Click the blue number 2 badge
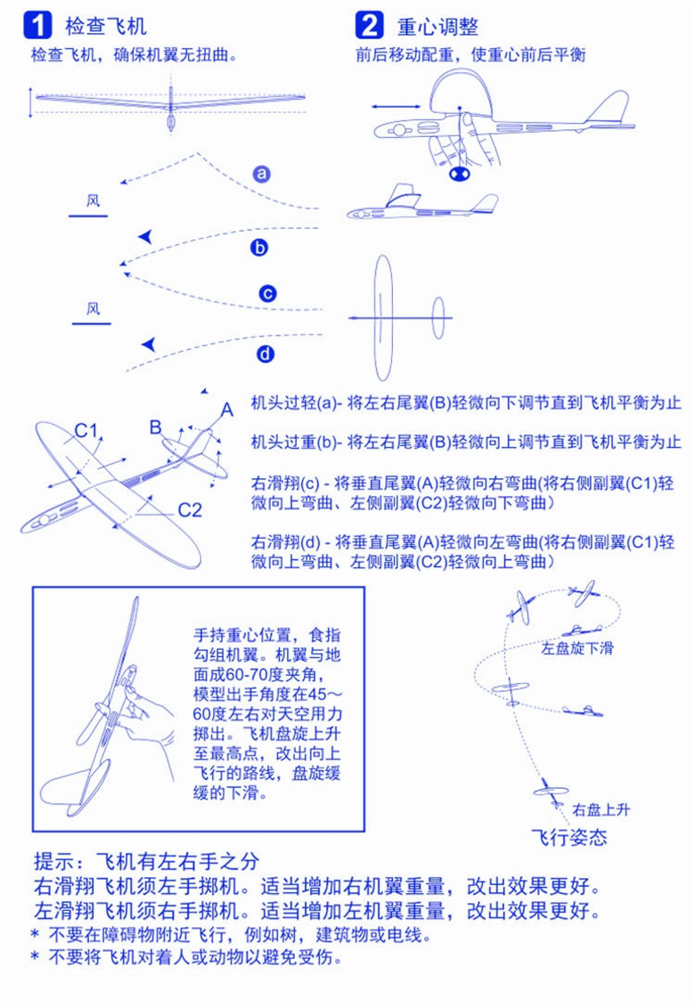(x=369, y=25)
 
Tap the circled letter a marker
(x=261, y=174)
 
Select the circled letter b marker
(x=259, y=248)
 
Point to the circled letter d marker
(x=266, y=354)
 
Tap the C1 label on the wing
(x=86, y=431)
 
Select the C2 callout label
(x=190, y=510)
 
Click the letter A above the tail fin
(x=226, y=410)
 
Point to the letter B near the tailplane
(x=155, y=427)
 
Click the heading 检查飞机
(x=106, y=26)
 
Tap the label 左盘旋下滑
(x=577, y=648)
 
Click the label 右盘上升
(x=601, y=809)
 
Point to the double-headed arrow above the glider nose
(x=397, y=107)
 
